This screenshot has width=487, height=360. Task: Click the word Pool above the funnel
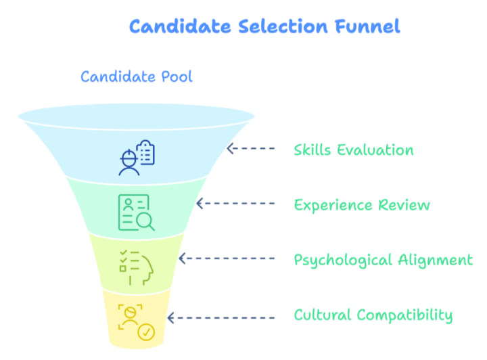click(175, 76)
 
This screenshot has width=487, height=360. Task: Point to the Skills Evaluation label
click(353, 150)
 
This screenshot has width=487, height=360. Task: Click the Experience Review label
click(362, 204)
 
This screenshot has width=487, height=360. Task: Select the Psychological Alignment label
click(383, 260)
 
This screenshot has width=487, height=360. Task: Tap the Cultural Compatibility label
click(373, 315)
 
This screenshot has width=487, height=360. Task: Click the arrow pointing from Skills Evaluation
click(251, 149)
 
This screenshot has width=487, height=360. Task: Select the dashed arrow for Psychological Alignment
click(226, 258)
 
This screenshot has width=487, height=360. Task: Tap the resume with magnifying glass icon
click(136, 212)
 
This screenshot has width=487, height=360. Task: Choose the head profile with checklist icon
click(136, 267)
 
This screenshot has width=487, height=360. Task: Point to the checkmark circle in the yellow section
click(146, 332)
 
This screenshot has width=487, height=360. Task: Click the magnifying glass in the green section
click(145, 221)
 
